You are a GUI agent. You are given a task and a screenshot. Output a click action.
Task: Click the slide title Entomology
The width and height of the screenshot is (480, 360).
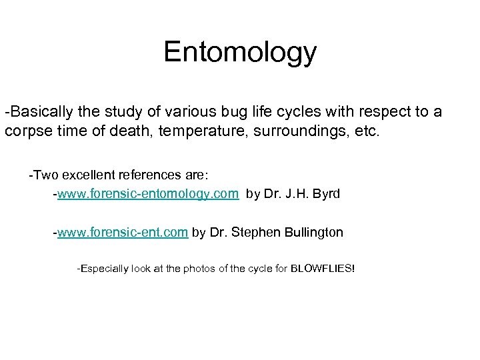pyautogui.click(x=240, y=52)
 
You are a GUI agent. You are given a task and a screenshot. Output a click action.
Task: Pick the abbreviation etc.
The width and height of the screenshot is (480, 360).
pyautogui.click(x=365, y=131)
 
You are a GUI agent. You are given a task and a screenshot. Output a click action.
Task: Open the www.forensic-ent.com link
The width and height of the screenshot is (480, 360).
pyautogui.click(x=123, y=232)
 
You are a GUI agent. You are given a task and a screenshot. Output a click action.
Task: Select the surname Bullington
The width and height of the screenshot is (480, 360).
pyautogui.click(x=311, y=232)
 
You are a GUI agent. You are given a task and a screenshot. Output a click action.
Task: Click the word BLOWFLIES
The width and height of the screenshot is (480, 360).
pyautogui.click(x=323, y=269)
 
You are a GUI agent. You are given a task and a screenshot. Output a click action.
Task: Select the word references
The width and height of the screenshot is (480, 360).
pyautogui.click(x=151, y=175)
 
